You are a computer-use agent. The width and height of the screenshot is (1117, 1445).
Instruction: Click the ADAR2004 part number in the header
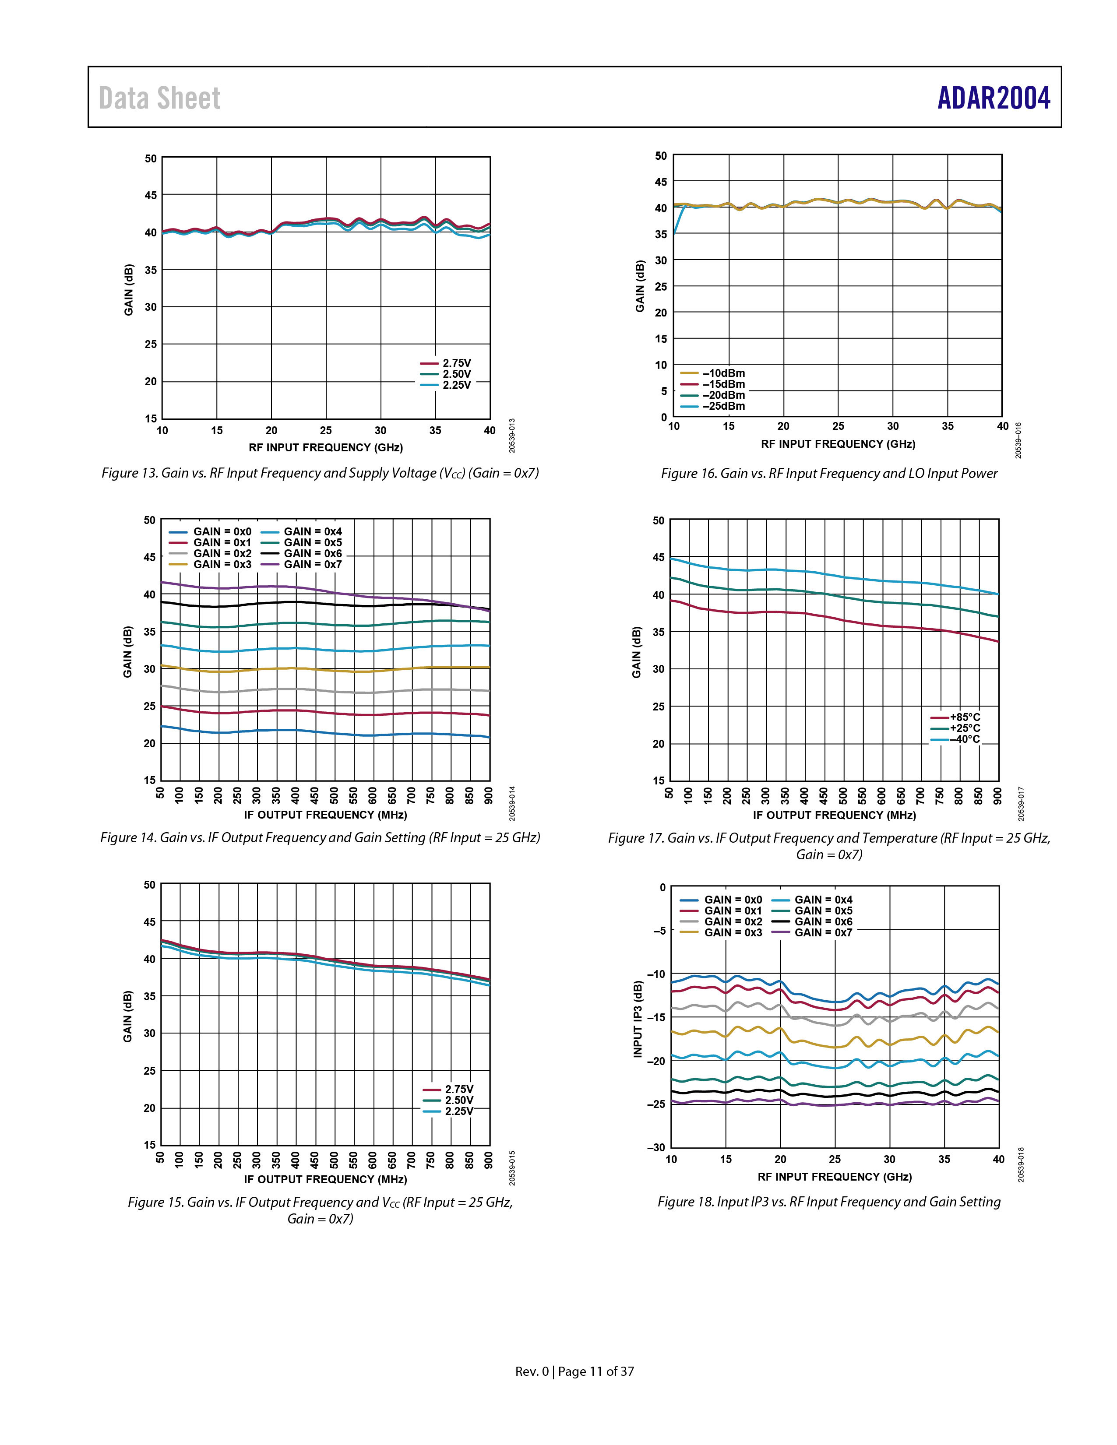(x=993, y=98)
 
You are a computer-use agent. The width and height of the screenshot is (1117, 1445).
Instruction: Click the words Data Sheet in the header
(x=159, y=98)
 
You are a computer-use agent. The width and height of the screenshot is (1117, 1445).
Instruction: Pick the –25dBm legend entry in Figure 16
(x=713, y=406)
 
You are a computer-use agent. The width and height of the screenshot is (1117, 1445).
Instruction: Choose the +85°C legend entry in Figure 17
(x=955, y=717)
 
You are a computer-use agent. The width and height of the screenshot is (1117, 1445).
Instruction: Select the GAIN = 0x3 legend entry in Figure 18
(x=721, y=932)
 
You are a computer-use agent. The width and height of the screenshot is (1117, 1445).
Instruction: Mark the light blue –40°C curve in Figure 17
(x=834, y=574)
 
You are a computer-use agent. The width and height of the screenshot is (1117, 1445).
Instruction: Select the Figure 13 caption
(x=320, y=474)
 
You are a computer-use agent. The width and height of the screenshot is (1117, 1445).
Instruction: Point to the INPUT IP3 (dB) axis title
(x=638, y=1019)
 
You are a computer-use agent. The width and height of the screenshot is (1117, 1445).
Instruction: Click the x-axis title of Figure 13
(x=326, y=448)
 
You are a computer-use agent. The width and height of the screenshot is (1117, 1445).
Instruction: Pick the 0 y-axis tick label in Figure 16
(x=664, y=418)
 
